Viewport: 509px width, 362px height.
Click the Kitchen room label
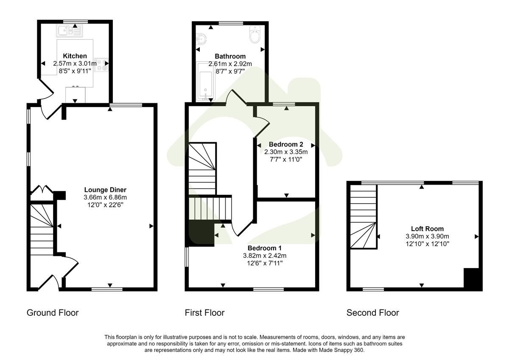point(75,56)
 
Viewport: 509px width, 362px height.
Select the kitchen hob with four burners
point(101,64)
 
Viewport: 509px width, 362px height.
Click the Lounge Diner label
point(105,190)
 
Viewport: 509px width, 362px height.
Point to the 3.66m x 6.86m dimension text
point(105,197)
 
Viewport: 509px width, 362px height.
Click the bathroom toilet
point(255,36)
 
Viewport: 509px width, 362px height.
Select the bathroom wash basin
point(201,40)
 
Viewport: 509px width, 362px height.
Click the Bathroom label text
point(230,56)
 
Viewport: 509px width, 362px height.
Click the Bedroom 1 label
point(265,248)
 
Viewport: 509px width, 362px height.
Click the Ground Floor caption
point(53,313)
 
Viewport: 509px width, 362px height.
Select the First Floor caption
point(204,313)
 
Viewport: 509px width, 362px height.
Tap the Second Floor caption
point(373,313)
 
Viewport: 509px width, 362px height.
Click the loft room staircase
point(363,218)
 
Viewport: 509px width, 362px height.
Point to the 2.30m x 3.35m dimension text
point(286,152)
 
